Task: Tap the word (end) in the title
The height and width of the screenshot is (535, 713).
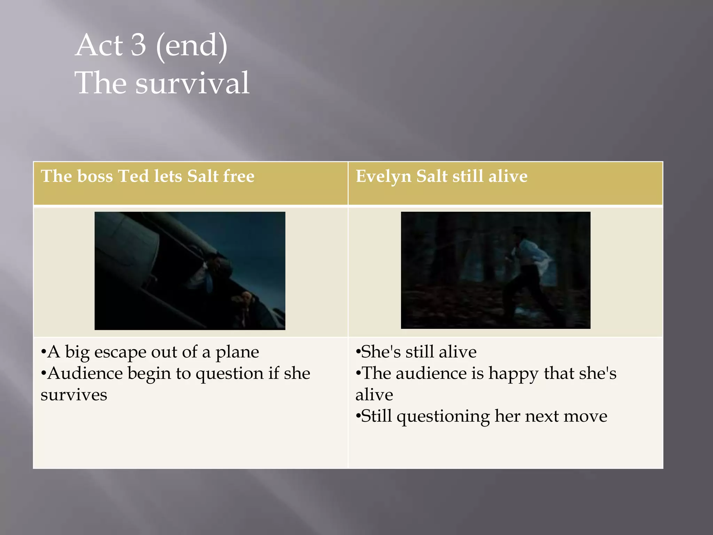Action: (x=192, y=46)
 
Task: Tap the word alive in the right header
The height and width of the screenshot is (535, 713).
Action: (x=508, y=176)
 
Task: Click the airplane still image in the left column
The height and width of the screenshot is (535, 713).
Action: (x=190, y=271)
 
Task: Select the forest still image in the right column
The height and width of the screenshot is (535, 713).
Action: (x=495, y=270)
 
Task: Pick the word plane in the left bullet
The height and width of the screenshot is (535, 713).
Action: (x=237, y=352)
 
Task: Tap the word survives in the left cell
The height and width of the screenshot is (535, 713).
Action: (x=74, y=395)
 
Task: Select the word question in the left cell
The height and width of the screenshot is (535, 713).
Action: (x=229, y=374)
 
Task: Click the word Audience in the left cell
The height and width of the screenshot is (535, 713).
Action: (x=85, y=373)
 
